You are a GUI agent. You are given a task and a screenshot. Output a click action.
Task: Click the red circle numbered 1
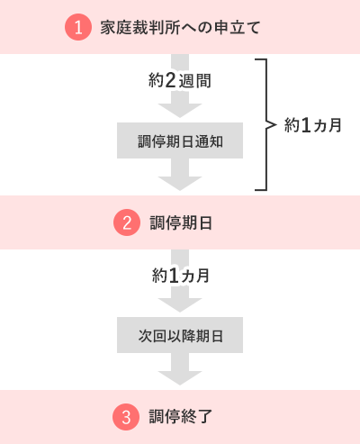click(78, 27)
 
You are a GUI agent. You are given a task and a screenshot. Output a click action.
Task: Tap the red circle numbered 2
click(127, 222)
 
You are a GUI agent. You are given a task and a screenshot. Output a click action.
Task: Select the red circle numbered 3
click(126, 417)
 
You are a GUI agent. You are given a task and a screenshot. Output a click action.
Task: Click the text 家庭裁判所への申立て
click(180, 28)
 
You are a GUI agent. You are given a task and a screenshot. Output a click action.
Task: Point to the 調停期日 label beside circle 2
click(181, 222)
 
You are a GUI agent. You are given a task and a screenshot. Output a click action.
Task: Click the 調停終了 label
click(181, 417)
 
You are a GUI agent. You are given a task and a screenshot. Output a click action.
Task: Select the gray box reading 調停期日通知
click(180, 140)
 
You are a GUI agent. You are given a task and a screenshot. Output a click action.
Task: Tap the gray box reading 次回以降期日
click(180, 335)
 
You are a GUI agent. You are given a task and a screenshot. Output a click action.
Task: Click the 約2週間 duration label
click(180, 81)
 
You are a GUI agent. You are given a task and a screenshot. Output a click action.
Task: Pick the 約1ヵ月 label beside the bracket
click(313, 125)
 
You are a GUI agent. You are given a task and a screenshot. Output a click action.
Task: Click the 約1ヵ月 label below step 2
click(181, 276)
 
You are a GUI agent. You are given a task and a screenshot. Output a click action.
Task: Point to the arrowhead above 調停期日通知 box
click(180, 111)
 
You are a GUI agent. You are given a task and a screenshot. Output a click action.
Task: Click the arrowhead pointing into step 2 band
click(180, 184)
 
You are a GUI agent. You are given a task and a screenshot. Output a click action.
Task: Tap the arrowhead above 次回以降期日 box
click(180, 305)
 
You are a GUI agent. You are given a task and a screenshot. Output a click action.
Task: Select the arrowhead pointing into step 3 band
click(180, 378)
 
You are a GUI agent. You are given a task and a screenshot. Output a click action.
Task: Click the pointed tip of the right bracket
click(275, 124)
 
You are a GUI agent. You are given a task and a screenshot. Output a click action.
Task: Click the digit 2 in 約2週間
click(170, 80)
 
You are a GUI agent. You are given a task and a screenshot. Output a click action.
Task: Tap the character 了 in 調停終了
click(204, 417)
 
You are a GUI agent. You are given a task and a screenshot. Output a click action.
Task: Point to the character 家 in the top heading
click(108, 28)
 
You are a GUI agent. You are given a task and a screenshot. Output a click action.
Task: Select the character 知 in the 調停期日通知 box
click(216, 141)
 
